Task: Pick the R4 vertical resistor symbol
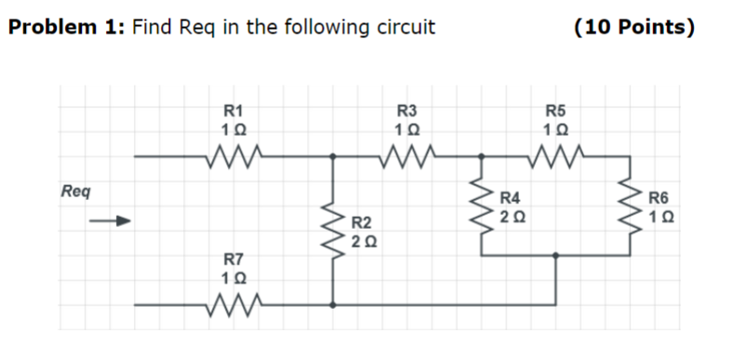[482, 207]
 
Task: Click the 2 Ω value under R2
[366, 242]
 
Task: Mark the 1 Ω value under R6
[659, 216]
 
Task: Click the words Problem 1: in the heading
[66, 27]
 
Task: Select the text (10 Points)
[634, 27]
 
